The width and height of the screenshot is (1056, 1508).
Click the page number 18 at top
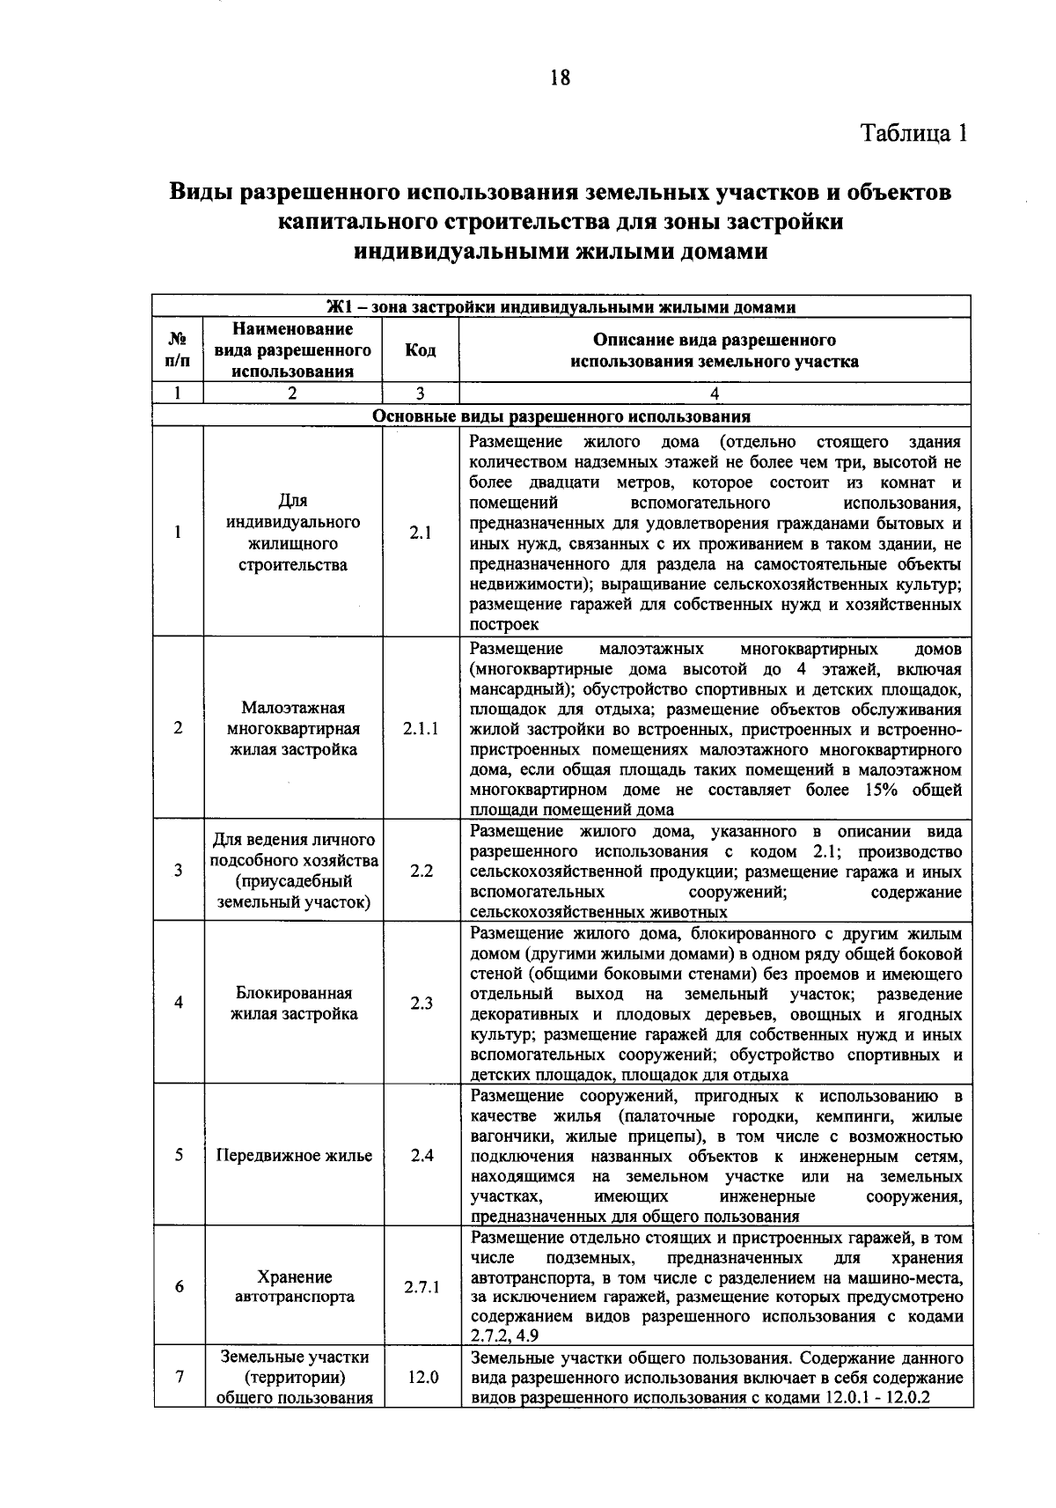click(560, 78)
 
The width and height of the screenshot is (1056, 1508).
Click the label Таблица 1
click(914, 133)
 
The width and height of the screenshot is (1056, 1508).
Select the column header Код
click(421, 350)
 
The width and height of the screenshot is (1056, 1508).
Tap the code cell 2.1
click(421, 533)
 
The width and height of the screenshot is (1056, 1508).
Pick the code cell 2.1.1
click(421, 728)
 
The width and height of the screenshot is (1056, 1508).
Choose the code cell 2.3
click(421, 1003)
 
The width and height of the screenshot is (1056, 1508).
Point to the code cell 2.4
click(422, 1155)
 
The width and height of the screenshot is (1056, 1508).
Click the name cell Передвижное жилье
click(294, 1155)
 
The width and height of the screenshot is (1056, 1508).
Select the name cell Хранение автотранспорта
click(294, 1286)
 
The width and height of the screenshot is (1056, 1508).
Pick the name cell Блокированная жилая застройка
click(294, 1003)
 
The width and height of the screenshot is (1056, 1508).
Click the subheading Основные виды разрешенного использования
click(561, 416)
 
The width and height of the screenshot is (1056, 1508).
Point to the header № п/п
click(177, 350)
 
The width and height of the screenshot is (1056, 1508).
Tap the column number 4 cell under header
click(714, 394)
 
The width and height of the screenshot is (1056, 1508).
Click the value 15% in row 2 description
click(881, 790)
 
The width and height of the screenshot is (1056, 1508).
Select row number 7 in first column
click(179, 1377)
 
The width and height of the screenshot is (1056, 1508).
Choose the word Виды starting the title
click(203, 192)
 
